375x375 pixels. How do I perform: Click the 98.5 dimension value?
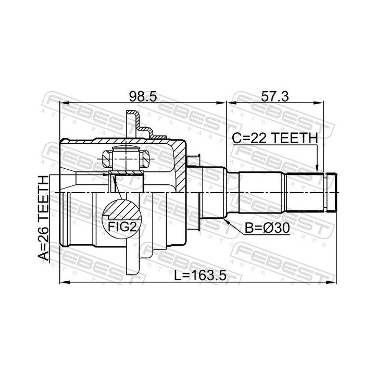(x=143, y=97)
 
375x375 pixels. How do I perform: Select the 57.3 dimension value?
(x=275, y=97)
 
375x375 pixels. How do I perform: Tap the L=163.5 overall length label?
(x=200, y=276)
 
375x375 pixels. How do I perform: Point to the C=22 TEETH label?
(x=275, y=138)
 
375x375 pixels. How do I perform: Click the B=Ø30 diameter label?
(x=267, y=229)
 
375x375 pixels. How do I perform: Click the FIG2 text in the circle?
(x=122, y=227)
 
